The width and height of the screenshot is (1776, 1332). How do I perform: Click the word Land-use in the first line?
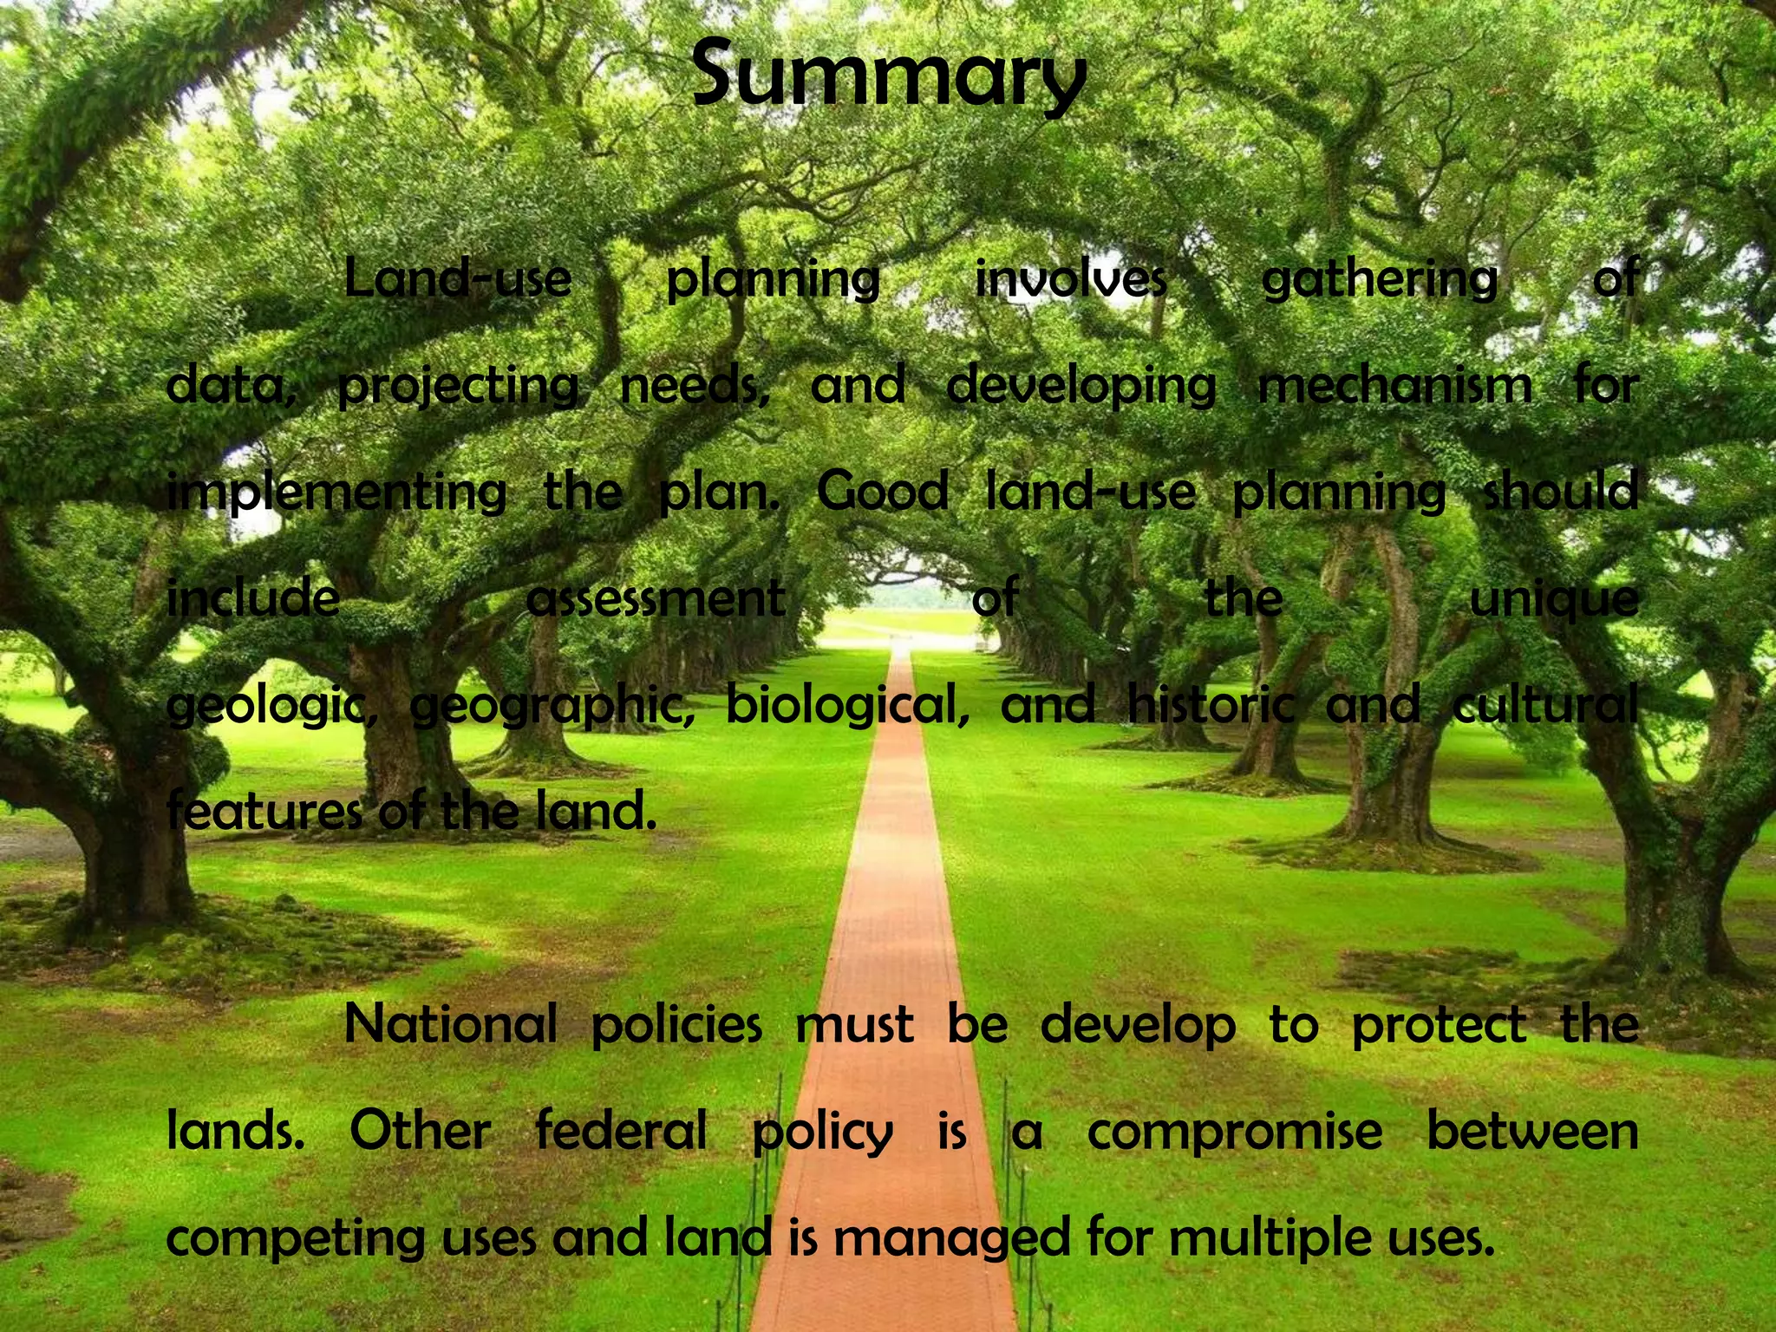[458, 279]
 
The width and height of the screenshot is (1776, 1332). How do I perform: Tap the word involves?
[1070, 279]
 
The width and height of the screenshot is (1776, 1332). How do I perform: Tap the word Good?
[882, 492]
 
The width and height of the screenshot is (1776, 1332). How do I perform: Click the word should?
[1560, 492]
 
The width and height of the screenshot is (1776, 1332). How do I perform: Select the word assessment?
[656, 598]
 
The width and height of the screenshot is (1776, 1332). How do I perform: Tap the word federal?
[621, 1131]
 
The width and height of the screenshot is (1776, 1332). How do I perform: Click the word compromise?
[1235, 1133]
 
